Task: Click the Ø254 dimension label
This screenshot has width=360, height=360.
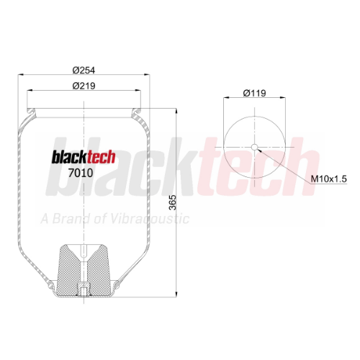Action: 84,70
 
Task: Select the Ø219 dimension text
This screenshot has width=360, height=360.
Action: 84,86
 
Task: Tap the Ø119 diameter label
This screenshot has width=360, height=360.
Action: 254,93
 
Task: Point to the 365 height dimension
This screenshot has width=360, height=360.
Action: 173,202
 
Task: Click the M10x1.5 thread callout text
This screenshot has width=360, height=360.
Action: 329,179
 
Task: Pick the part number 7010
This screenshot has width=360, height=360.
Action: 81,173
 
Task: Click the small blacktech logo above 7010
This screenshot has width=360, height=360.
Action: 84,157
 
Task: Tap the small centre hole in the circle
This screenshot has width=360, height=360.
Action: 254,147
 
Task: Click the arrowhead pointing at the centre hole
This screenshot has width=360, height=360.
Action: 259,150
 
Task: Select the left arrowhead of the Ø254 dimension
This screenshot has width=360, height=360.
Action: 21,75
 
